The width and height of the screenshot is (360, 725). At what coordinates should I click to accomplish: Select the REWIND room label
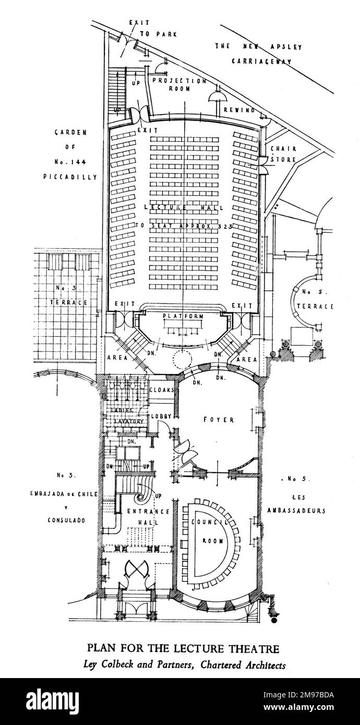point(239,110)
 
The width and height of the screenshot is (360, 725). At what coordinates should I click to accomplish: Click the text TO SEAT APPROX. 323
point(183,226)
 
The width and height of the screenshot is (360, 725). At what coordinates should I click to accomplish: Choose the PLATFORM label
point(183,317)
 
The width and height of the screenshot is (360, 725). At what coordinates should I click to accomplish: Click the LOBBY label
point(161,416)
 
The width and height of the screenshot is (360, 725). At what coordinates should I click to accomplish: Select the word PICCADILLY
point(70,177)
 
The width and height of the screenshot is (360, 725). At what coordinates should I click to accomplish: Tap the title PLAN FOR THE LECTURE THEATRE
point(183,649)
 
